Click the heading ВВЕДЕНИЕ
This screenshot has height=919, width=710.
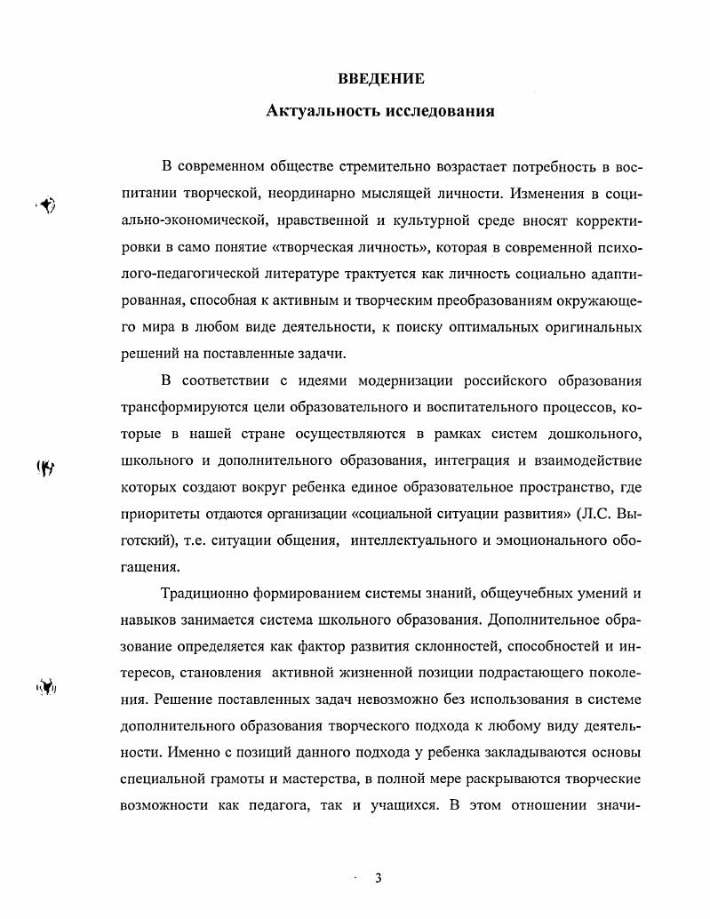pyautogui.click(x=381, y=79)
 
